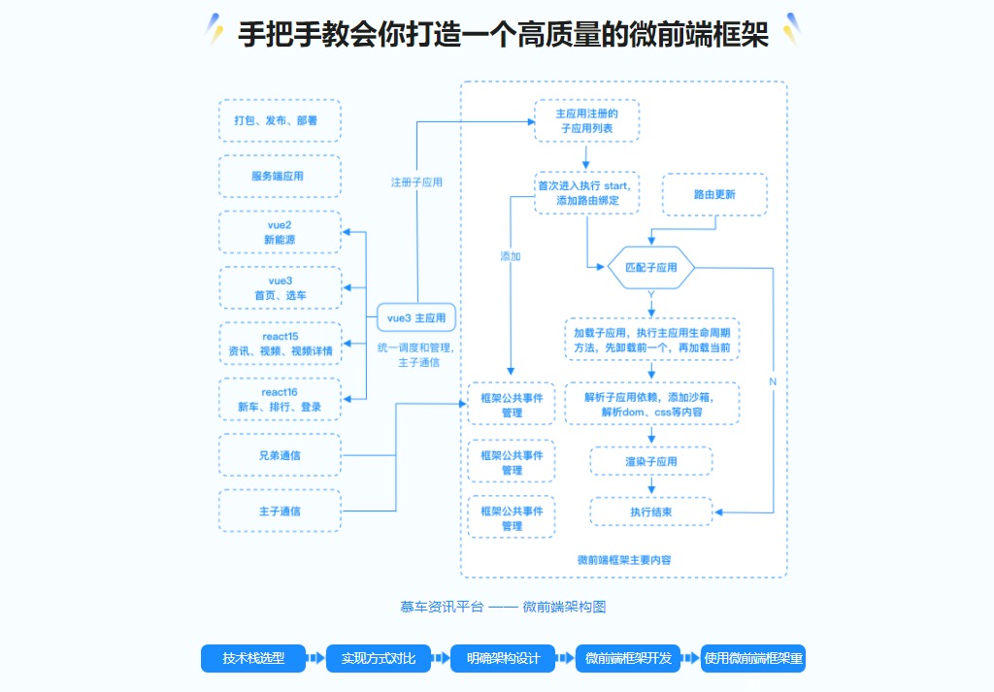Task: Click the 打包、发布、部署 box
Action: [x=280, y=121]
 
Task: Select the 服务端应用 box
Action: [x=280, y=177]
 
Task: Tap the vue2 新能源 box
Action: [x=280, y=232]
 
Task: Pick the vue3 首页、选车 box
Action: [x=280, y=287]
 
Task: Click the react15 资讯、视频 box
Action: [x=280, y=343]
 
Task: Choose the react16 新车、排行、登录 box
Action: [x=280, y=399]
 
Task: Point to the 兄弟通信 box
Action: [x=280, y=454]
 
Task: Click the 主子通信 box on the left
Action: [x=280, y=511]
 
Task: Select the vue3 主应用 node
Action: [x=416, y=317]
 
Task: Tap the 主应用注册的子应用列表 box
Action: [x=586, y=120]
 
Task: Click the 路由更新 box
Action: [x=714, y=194]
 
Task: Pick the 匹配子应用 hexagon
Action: [x=651, y=267]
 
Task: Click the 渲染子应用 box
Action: [x=651, y=461]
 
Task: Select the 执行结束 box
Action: [x=651, y=511]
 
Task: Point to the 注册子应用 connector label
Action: [x=416, y=181]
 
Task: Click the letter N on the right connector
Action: [x=773, y=381]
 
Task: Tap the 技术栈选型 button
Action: [x=253, y=658]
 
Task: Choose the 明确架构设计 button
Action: [x=503, y=658]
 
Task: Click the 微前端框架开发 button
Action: [x=628, y=658]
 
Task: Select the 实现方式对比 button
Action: [x=378, y=658]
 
